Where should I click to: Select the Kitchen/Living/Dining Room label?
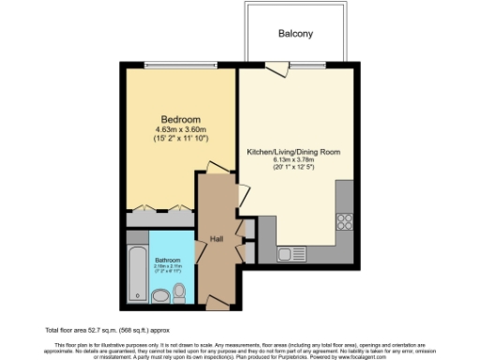click(292, 151)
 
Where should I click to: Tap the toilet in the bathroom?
click(180, 296)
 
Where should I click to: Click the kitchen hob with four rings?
click(343, 222)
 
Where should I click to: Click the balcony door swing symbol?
click(276, 67)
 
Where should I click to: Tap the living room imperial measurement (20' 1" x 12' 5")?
click(292, 168)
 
